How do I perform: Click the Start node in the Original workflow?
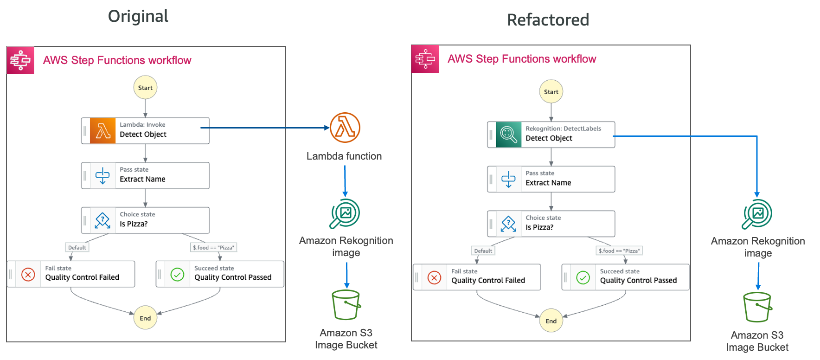145,88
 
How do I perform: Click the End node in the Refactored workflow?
551,321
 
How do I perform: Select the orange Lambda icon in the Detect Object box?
103,131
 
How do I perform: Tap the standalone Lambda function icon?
345,128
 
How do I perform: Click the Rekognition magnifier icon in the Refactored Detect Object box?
508,135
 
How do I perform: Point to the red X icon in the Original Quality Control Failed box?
28,275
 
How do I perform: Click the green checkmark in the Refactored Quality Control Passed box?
583,277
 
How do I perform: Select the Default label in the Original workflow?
77,247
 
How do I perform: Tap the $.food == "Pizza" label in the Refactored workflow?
619,251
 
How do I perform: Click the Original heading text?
138,16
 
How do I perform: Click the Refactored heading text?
548,20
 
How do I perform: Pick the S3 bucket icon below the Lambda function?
346,305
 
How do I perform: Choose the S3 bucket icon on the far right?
757,307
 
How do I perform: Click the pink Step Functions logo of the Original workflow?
20,60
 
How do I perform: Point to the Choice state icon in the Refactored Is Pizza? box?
508,224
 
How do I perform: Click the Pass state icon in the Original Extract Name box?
102,176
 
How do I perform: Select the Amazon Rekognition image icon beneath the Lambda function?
345,213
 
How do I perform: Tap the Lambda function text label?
344,156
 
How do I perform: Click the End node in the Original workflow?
145,318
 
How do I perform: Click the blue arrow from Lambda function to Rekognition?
345,181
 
